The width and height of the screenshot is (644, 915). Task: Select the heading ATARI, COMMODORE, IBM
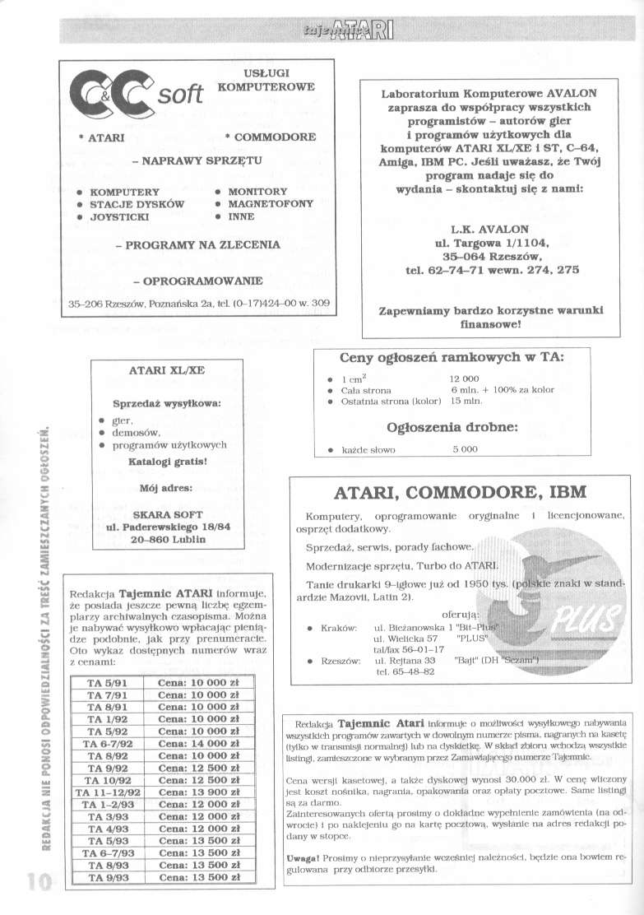tap(460, 493)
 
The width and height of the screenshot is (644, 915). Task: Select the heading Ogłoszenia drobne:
tap(452, 427)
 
